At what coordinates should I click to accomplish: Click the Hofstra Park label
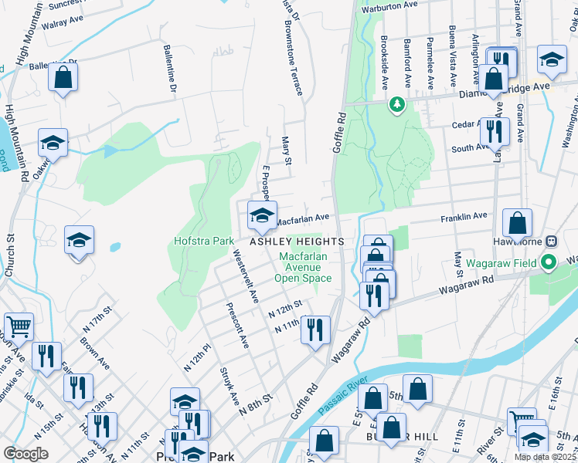coord(202,241)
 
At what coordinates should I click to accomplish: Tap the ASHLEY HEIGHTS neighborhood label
coord(294,241)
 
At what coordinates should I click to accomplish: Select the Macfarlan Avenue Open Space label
coord(304,266)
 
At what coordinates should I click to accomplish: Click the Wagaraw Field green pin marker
coord(549,262)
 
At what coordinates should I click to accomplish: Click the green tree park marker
coord(397,103)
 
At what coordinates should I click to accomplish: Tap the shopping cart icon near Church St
coord(19,326)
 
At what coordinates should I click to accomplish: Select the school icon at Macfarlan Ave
coord(262,215)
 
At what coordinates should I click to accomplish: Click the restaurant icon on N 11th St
coord(314,330)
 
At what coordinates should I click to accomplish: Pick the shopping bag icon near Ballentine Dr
coord(63,76)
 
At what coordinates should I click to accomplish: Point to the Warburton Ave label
coord(390,11)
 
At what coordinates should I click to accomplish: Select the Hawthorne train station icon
coord(552,241)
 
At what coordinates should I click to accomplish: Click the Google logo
coord(25,453)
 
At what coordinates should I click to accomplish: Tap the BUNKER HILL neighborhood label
coord(402,437)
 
